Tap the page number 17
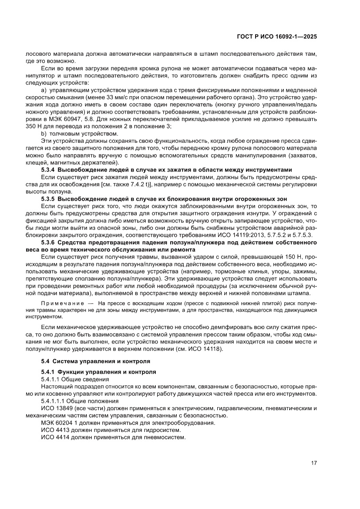pos(314,463)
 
